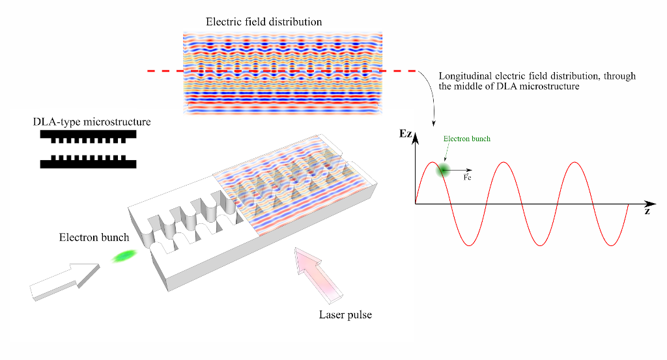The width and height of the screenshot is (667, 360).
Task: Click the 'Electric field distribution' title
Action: [264, 21]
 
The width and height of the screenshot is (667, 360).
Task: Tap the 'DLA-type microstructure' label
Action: [92, 122]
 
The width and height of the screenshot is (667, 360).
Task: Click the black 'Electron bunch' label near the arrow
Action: [94, 237]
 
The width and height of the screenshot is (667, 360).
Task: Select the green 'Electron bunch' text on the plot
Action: [466, 139]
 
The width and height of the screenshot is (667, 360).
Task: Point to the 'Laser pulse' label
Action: [345, 314]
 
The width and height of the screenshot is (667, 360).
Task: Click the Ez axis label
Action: [405, 133]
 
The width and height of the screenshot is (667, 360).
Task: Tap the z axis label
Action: [647, 211]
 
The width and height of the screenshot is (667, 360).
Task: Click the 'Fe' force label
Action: [467, 177]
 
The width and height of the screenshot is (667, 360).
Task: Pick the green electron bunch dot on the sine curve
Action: [443, 170]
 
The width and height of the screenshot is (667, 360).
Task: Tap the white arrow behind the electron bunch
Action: [64, 281]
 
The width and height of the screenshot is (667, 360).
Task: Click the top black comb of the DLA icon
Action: [88, 137]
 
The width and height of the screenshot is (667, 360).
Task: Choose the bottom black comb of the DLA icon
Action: [88, 161]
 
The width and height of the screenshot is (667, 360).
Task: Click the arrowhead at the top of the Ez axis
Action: [416, 137]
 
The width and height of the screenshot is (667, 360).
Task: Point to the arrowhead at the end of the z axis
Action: [651, 204]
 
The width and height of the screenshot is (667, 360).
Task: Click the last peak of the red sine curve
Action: [575, 162]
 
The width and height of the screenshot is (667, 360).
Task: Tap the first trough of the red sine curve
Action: [469, 245]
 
